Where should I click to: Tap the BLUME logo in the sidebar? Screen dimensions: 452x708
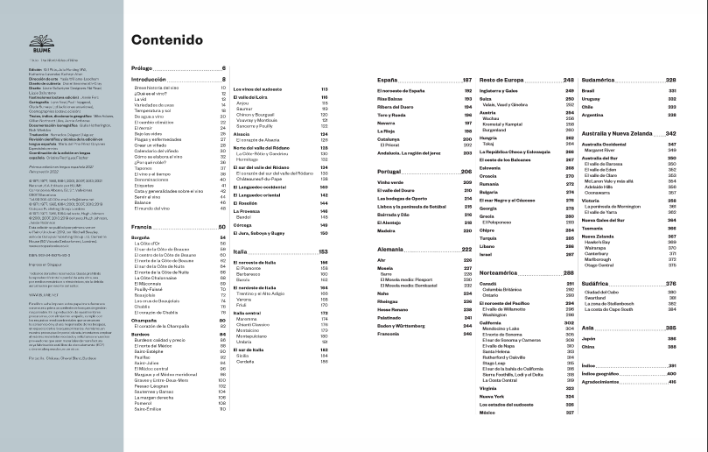(x=40, y=40)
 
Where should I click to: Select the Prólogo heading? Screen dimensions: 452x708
(x=141, y=67)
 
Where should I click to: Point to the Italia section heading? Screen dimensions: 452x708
(x=238, y=251)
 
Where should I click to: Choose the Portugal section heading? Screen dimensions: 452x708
(x=388, y=172)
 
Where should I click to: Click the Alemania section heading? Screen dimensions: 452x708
(x=389, y=250)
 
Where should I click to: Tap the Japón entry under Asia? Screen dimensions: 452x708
(x=589, y=338)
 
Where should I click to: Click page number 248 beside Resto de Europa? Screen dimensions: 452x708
(x=568, y=80)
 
